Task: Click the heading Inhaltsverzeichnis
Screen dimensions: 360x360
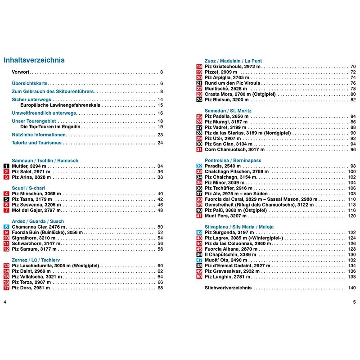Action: [34, 60]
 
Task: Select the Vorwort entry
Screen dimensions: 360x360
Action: [21, 72]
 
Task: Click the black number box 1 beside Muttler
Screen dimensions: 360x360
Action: [6, 166]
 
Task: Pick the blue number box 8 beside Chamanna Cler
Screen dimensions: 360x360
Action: [6, 227]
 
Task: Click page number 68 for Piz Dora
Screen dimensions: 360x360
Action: [160, 288]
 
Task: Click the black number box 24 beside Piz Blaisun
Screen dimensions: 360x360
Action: [199, 99]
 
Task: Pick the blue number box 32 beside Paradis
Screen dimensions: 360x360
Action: [199, 166]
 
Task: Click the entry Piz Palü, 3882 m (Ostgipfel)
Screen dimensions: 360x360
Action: [237, 210]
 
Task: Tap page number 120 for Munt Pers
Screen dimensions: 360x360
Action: [351, 216]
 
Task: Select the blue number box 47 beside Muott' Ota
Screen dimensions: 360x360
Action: [199, 260]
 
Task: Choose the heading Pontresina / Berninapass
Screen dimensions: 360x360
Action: [233, 160]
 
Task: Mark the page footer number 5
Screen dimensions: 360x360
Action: [354, 301]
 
